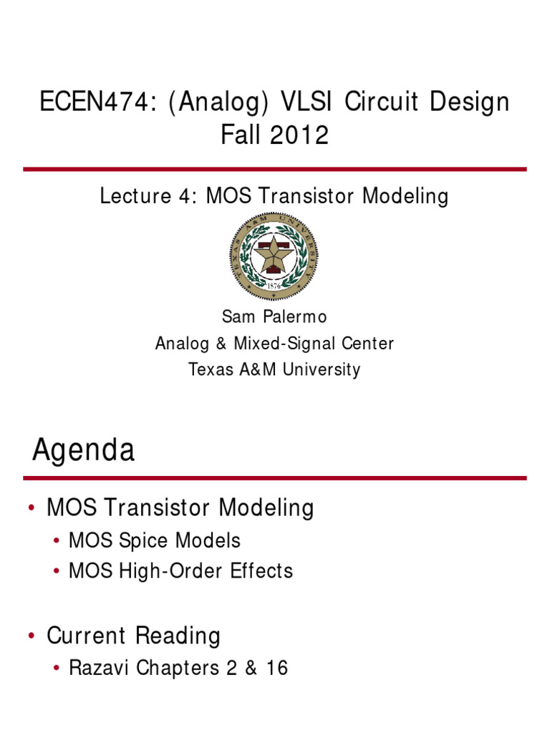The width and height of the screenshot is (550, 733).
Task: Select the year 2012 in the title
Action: [x=299, y=135]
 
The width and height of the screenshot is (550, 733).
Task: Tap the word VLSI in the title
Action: [x=306, y=102]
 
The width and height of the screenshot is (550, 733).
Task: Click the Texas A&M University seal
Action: [x=274, y=256]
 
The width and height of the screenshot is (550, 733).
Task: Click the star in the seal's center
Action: [x=274, y=254]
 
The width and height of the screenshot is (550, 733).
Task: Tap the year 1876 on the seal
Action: [x=274, y=286]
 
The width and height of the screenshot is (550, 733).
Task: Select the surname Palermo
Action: [x=294, y=316]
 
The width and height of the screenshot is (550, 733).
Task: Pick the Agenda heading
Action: [x=83, y=450]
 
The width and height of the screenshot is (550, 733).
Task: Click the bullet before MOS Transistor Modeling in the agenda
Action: [x=32, y=508]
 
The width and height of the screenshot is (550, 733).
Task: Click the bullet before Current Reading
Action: [x=32, y=636]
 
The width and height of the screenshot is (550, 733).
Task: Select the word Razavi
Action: [x=99, y=668]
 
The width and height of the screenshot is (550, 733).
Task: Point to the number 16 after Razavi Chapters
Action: [x=277, y=668]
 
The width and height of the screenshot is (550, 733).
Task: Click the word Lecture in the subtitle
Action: [x=135, y=195]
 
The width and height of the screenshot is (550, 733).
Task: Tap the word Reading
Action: [x=178, y=636]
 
